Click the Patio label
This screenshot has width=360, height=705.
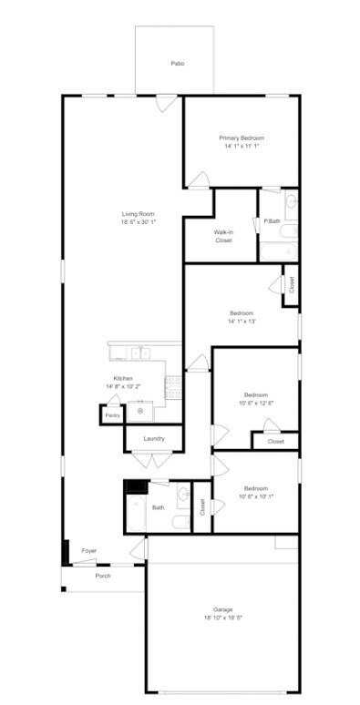pos(178,64)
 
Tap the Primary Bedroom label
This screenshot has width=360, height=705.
pos(242,138)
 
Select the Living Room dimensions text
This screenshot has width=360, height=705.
pos(135,222)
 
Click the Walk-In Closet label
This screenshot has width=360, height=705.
pos(223,237)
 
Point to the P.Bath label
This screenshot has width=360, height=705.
pos(272,220)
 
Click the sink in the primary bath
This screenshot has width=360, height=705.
pos(292,203)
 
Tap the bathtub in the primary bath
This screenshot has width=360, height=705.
pos(279,251)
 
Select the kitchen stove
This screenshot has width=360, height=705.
pos(173,388)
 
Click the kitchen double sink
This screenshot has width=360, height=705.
pos(140,353)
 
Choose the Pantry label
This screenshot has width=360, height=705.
pos(112,416)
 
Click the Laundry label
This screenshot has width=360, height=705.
pos(154,439)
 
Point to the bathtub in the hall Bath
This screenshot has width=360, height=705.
pos(137,514)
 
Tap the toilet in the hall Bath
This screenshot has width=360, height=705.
pos(181,522)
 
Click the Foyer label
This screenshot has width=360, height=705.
pos(88,550)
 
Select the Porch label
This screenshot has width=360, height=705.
pos(103,576)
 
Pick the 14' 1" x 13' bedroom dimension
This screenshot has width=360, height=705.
pos(242,321)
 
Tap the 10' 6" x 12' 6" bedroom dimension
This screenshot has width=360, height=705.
pos(256,403)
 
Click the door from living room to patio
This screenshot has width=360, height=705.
pos(167,103)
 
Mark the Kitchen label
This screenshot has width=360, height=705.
pos(123,379)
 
